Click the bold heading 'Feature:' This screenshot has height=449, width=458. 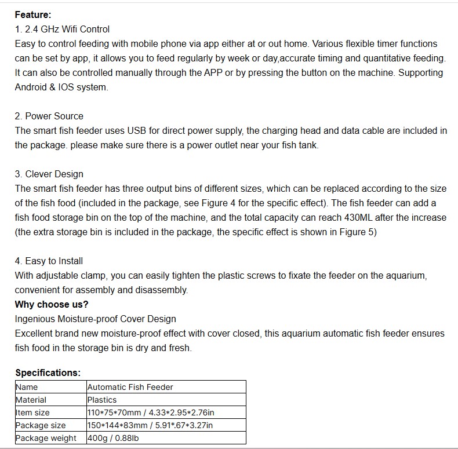coord(33,14)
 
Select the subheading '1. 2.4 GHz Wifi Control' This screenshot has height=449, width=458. coord(62,29)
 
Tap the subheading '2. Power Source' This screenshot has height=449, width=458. coord(49,116)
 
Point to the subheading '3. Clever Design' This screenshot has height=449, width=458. coord(49,174)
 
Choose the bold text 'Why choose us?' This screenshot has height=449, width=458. coord(52,304)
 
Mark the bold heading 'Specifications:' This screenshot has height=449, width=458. coord(48,373)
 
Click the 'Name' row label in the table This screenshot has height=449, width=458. coord(27,387)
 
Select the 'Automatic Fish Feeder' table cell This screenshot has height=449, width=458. coord(130,387)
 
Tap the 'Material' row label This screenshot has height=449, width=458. coord(31,400)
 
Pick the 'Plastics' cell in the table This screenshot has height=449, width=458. coord(102,400)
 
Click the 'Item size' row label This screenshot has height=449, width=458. coord(32,413)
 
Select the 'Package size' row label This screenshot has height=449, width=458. coord(41,425)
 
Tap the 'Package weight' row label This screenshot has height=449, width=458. coord(46,438)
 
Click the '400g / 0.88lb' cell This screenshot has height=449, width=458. coord(113,438)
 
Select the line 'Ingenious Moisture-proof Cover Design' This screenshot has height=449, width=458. coord(96,319)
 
